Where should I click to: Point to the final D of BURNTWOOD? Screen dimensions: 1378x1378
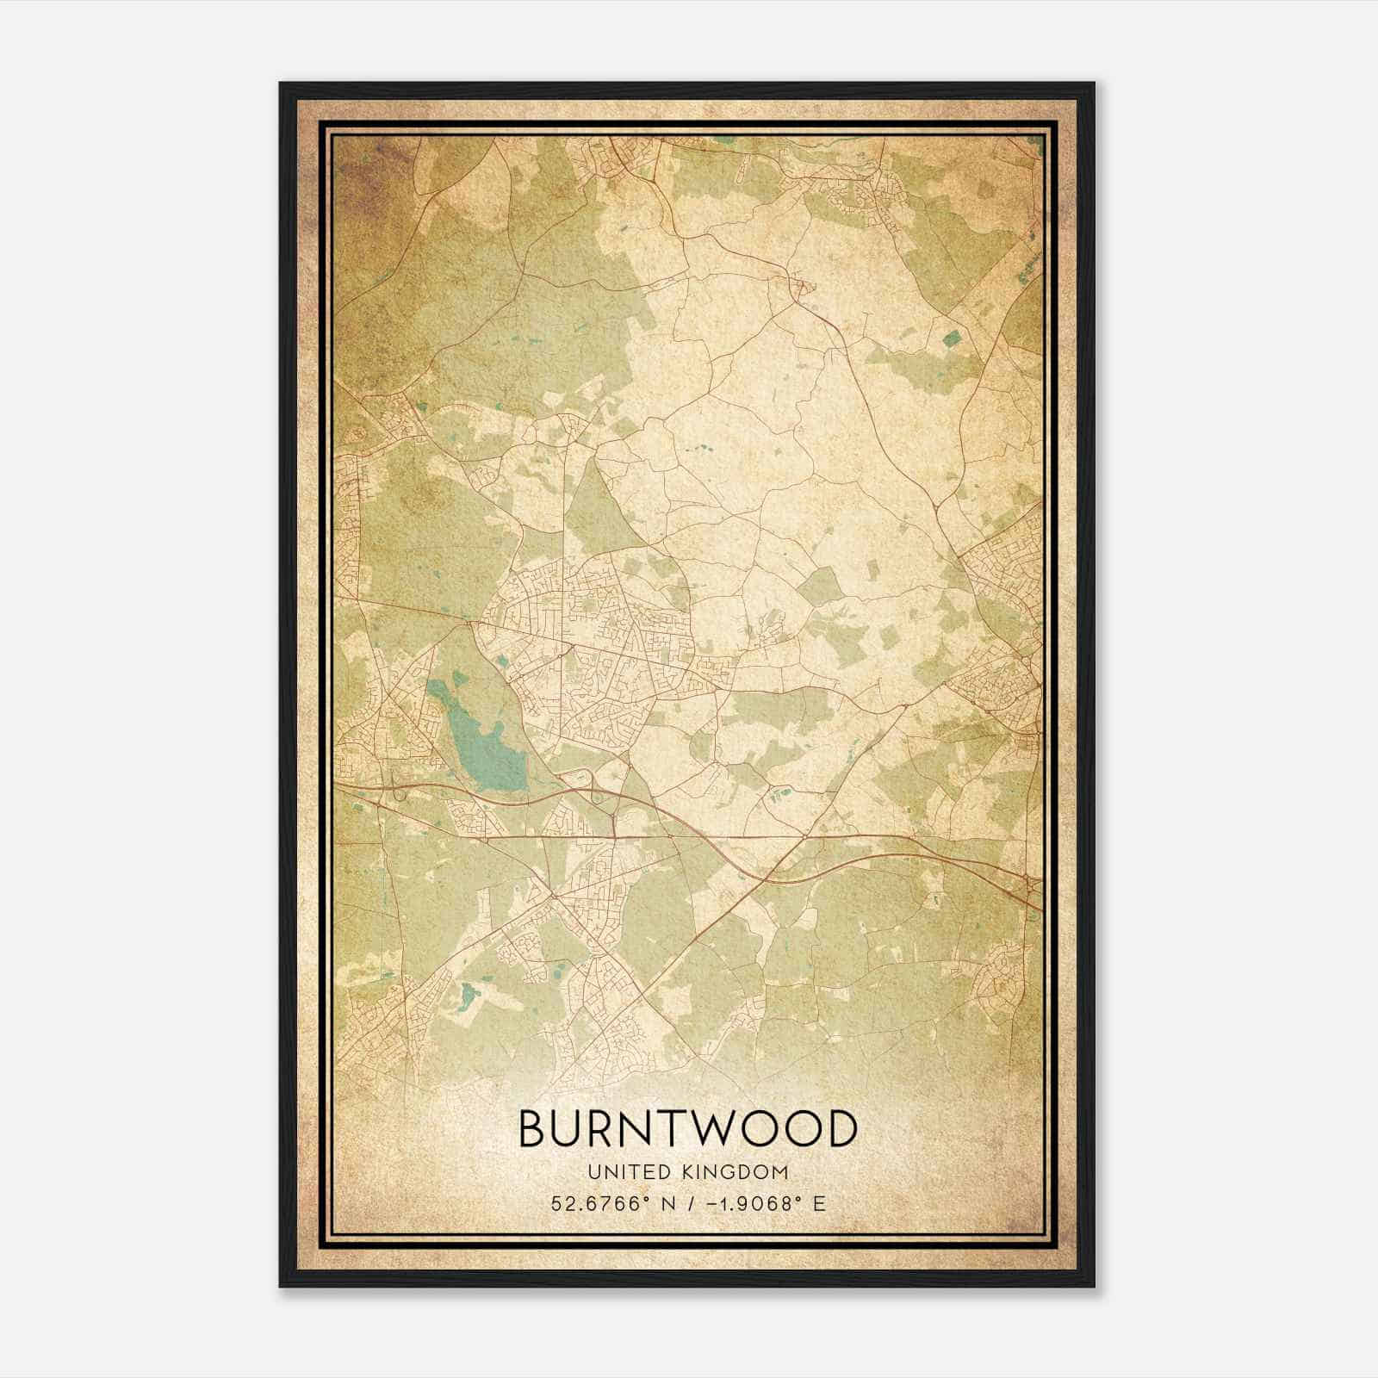(839, 1129)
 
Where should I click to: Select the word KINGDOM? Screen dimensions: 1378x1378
(738, 1172)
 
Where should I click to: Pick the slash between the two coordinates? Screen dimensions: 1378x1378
(686, 1203)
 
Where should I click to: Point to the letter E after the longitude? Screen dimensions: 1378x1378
(819, 1203)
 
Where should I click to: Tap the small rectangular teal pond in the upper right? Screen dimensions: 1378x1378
(952, 338)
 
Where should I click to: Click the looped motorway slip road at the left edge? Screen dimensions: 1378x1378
(398, 790)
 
